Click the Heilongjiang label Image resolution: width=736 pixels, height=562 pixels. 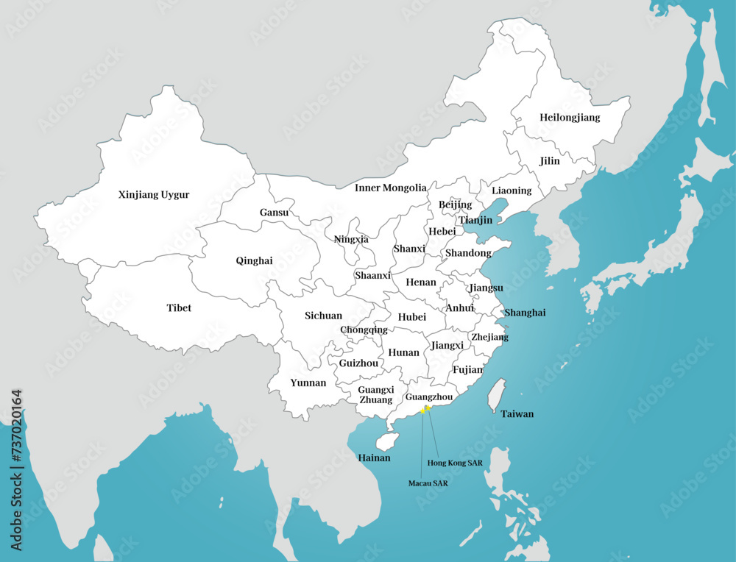(x=570, y=117)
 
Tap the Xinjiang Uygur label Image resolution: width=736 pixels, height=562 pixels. (x=154, y=195)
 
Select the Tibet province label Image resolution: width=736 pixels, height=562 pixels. (x=179, y=307)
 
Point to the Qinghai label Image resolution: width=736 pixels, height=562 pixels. (x=254, y=260)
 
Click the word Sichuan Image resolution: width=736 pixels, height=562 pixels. (x=323, y=316)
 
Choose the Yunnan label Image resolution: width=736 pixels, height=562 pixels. (x=308, y=383)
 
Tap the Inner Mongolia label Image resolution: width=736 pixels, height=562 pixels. (x=390, y=188)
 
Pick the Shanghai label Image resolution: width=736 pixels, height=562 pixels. (x=525, y=313)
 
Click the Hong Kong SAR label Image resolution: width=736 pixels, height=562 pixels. (x=455, y=463)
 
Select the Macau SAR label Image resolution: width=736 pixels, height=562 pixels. (x=428, y=483)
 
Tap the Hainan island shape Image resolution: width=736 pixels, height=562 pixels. (x=387, y=441)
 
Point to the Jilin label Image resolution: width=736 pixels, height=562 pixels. (x=549, y=160)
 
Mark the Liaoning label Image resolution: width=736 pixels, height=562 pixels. (x=512, y=191)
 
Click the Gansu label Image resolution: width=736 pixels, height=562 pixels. (x=274, y=213)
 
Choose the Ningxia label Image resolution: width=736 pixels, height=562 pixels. (x=351, y=239)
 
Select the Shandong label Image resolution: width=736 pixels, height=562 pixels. (x=467, y=253)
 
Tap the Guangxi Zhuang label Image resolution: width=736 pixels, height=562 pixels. (x=376, y=395)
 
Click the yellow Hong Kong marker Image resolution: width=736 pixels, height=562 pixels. (x=428, y=408)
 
